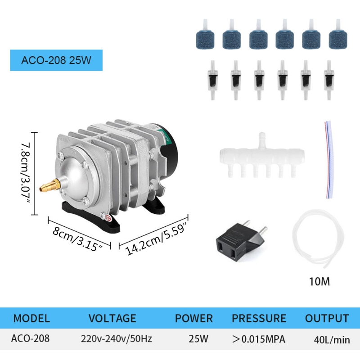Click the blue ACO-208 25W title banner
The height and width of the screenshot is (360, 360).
56,60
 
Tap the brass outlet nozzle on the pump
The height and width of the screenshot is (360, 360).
50,185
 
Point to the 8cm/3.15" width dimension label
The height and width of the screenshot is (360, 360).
77,239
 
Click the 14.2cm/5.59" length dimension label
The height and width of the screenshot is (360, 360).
156,239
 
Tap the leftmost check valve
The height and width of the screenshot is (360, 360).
212,80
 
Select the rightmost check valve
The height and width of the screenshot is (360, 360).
329,80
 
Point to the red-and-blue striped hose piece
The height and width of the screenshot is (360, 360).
329,160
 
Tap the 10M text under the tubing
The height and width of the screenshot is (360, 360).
319,282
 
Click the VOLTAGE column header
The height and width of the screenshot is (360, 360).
112,319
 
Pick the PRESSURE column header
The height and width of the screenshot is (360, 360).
259,319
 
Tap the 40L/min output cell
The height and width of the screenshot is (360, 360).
332,340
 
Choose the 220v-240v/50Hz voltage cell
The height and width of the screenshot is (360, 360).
117,339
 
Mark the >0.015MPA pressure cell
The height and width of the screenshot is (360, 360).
259,339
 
